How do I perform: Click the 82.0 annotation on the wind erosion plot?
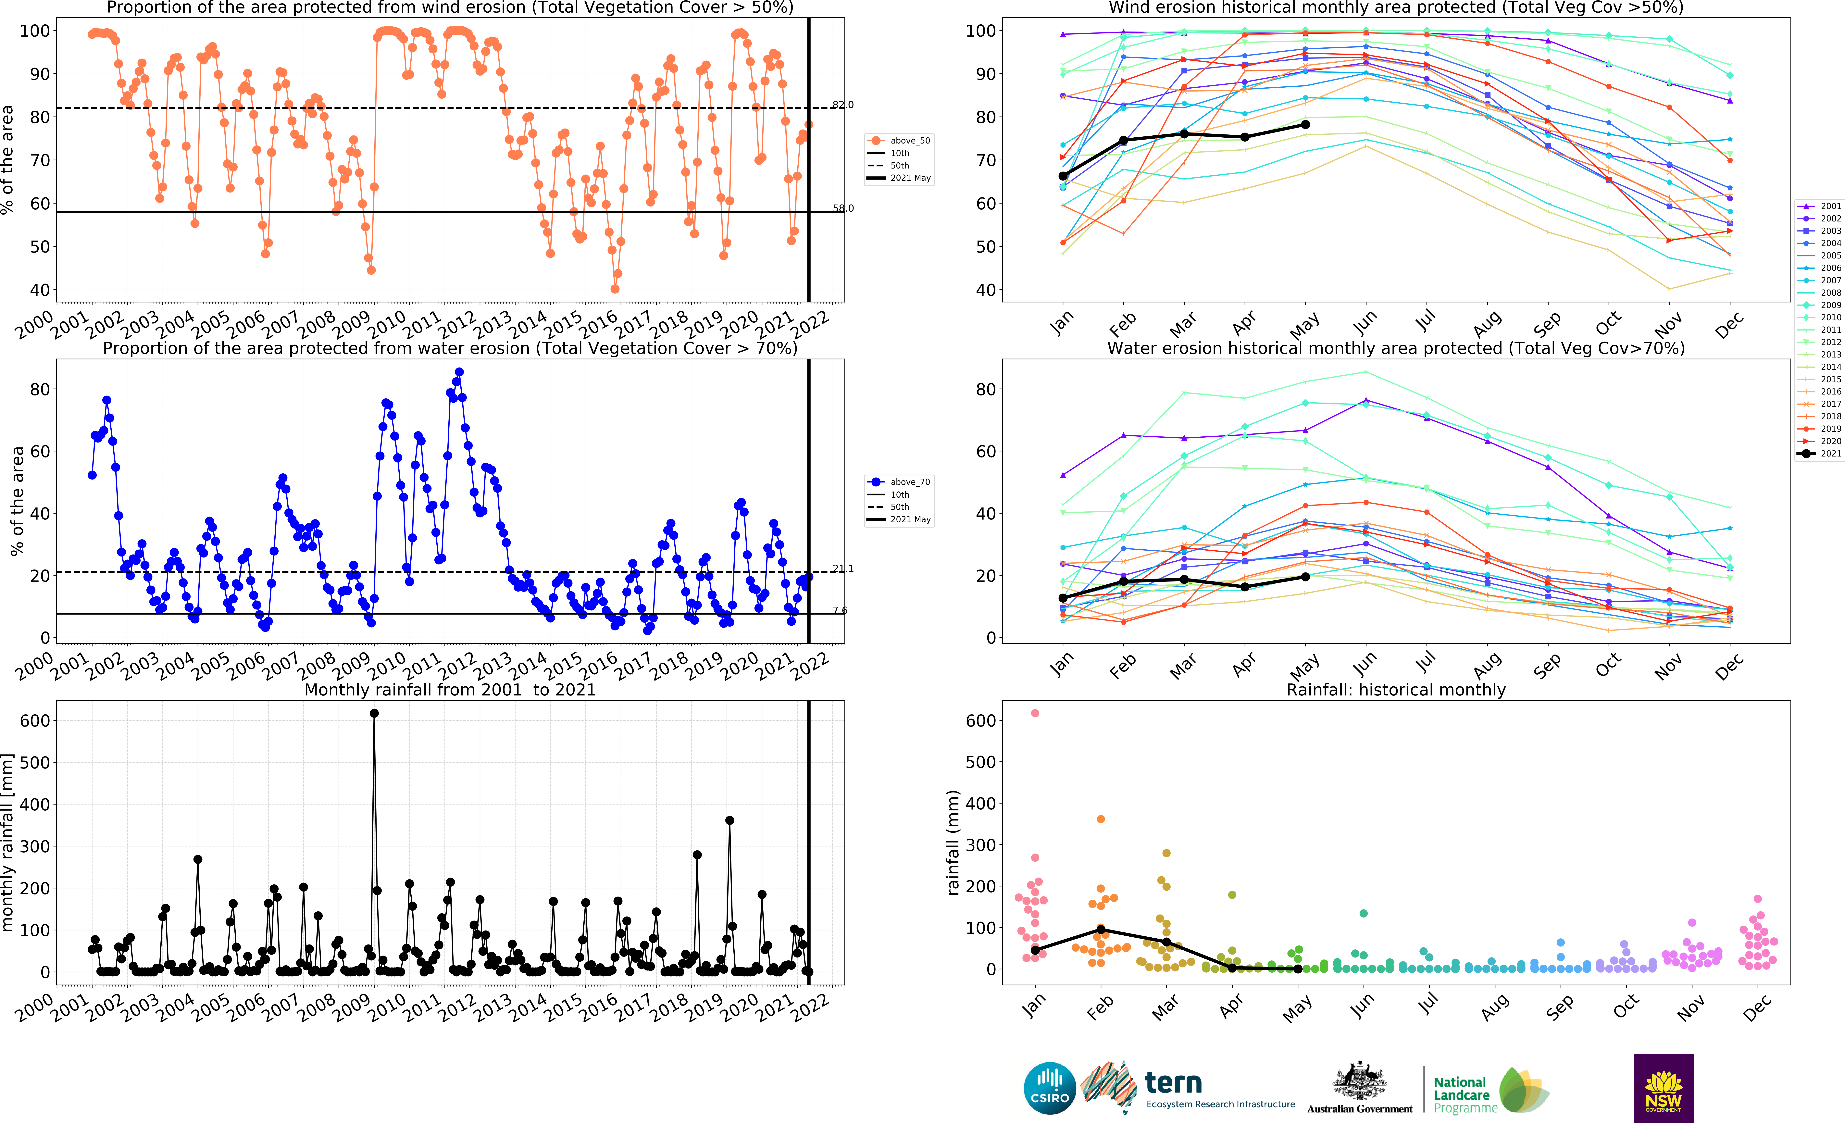843,105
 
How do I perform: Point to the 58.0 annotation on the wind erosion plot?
843,208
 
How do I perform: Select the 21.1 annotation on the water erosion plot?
843,568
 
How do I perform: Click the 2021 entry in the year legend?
1819,454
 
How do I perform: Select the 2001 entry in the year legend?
1819,206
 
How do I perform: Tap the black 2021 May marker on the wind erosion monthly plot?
1305,125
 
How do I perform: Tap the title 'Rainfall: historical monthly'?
1396,690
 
